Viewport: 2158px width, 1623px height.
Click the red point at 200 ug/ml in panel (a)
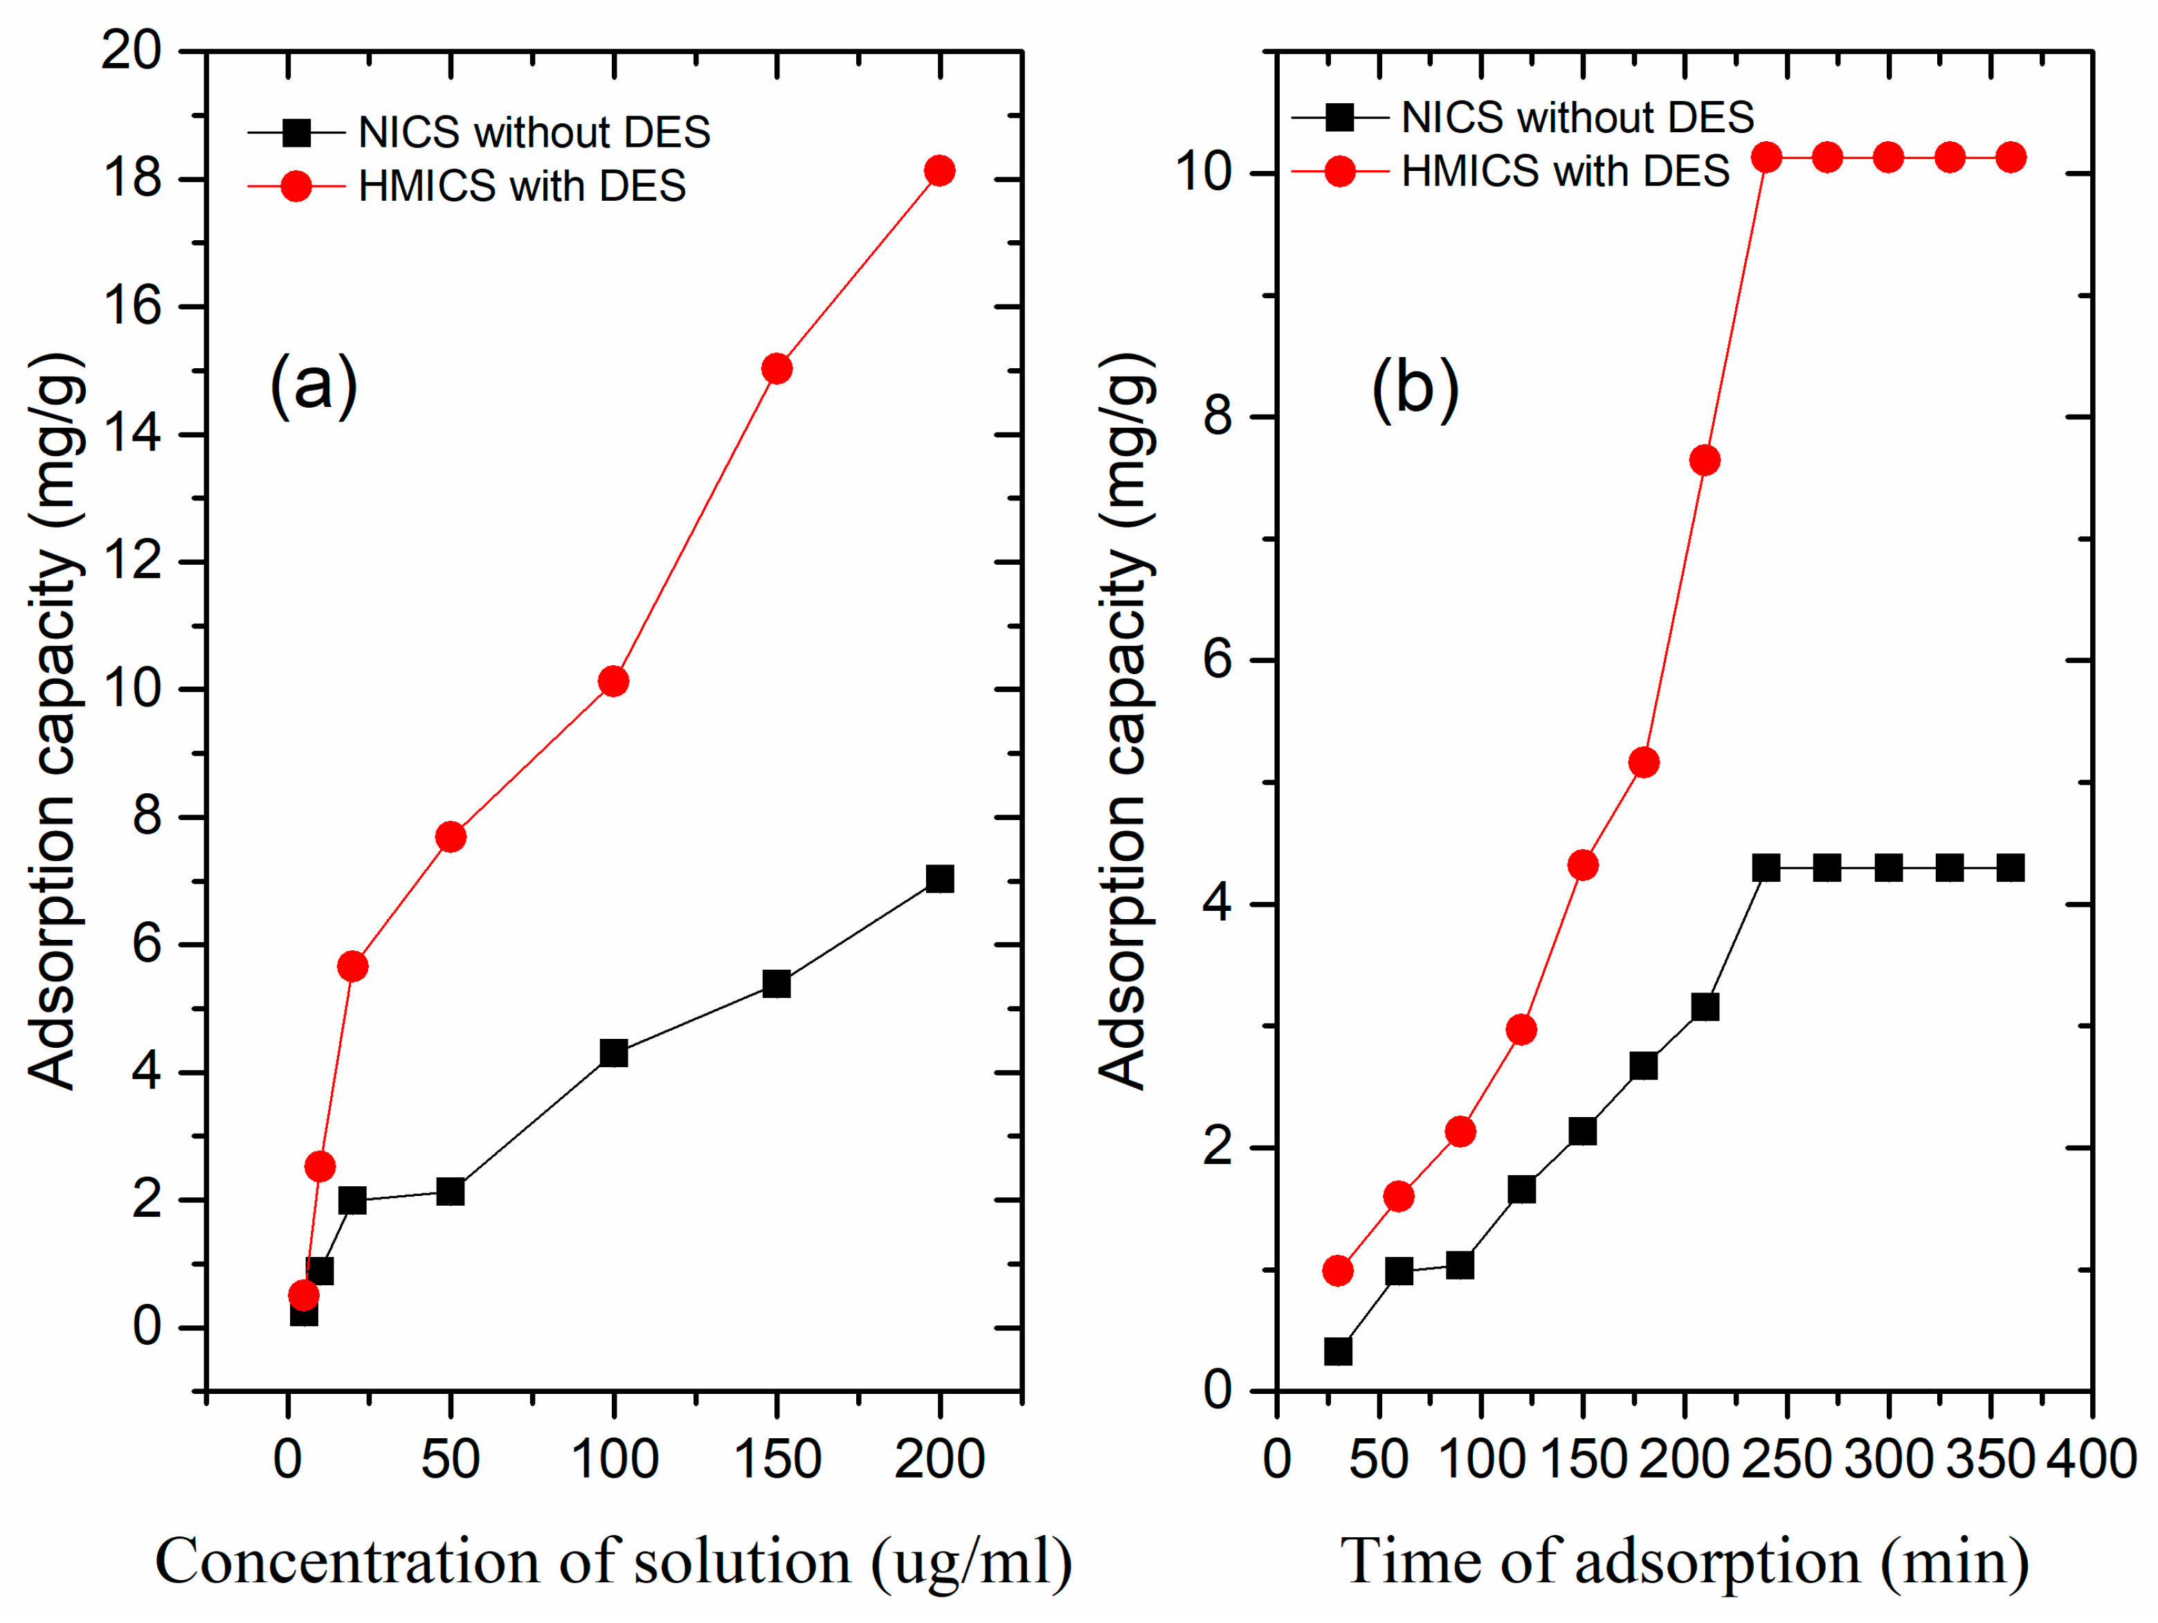click(939, 171)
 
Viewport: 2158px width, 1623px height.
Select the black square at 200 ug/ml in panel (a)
click(939, 879)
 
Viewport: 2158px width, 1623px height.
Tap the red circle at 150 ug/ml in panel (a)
click(777, 369)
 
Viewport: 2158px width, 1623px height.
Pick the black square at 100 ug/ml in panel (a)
click(614, 1053)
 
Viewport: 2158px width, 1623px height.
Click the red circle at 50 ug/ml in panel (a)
click(451, 837)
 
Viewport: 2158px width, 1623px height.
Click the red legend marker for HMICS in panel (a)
click(297, 185)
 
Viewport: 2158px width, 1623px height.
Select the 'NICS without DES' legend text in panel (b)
click(1577, 118)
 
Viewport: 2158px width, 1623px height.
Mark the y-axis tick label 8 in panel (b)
click(1219, 417)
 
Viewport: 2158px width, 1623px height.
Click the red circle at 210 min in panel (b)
click(1705, 460)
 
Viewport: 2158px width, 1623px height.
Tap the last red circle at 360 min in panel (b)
click(2011, 157)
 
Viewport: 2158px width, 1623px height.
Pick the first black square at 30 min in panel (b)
click(1338, 1352)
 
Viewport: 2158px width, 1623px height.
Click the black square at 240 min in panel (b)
click(1766, 868)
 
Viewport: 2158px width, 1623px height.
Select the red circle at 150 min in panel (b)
click(1582, 865)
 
